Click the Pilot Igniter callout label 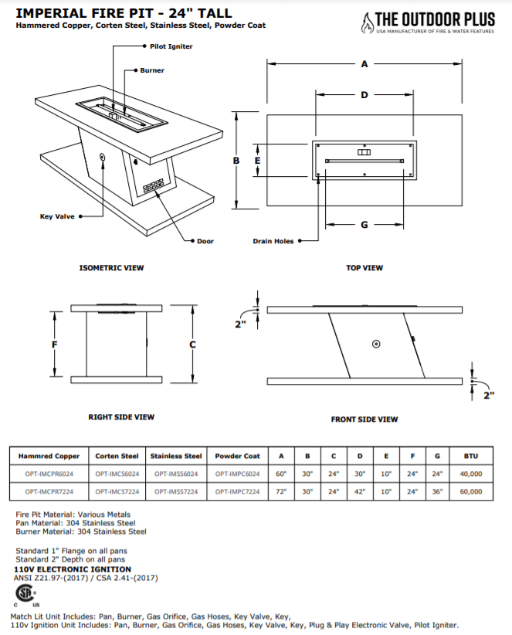(x=171, y=46)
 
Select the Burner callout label (x=152, y=70)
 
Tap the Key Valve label (x=57, y=217)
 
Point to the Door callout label (x=205, y=241)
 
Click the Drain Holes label (x=273, y=241)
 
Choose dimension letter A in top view (x=364, y=65)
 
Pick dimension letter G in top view (x=364, y=225)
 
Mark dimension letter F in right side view (x=54, y=345)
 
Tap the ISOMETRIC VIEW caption (x=111, y=268)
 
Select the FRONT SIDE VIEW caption (x=365, y=419)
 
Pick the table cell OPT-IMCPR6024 (x=49, y=474)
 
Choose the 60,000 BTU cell (x=471, y=491)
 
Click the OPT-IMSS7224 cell (x=175, y=491)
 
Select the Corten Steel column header (x=117, y=456)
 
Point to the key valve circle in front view (x=375, y=343)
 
